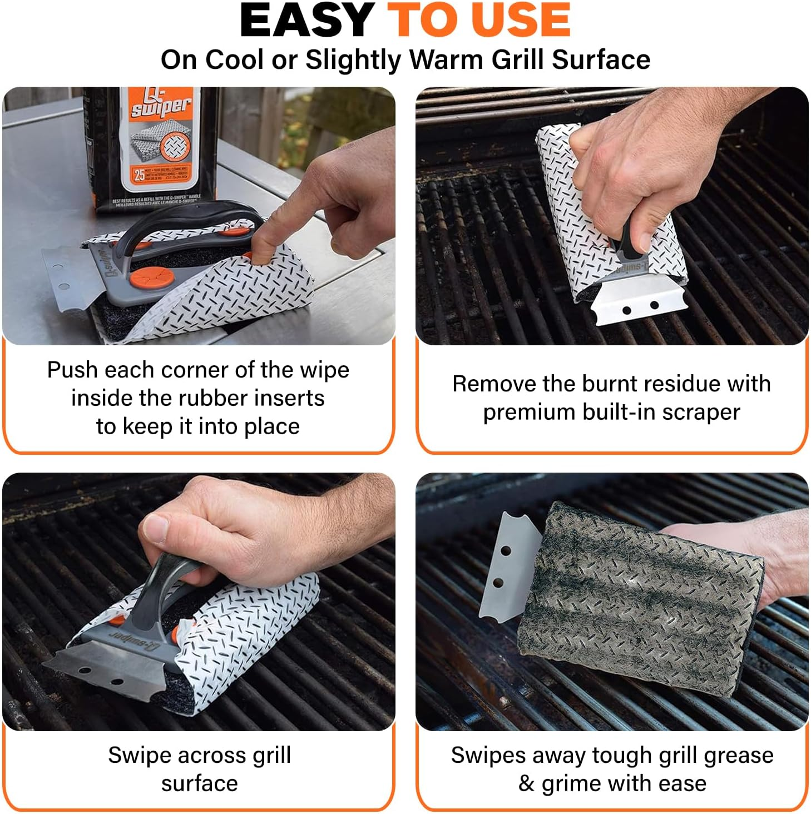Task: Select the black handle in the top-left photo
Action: [x=184, y=220]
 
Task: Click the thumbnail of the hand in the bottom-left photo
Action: [x=156, y=528]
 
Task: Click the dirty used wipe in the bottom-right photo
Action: [x=640, y=600]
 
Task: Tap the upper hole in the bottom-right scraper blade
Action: [x=506, y=551]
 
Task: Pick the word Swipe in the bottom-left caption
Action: [x=139, y=755]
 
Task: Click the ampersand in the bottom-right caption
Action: [x=526, y=783]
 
